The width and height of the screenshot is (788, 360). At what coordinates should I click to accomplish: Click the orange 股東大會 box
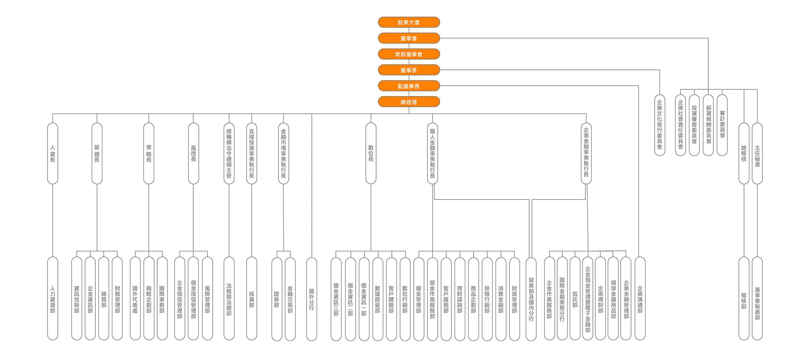click(409, 22)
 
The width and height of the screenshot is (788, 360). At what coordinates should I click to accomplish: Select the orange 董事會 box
click(409, 38)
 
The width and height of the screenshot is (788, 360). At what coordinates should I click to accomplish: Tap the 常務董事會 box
click(409, 54)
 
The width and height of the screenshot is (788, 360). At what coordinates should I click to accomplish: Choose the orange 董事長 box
click(409, 70)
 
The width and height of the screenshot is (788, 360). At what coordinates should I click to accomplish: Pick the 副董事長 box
click(409, 86)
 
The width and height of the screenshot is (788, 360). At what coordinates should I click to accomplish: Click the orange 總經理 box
click(409, 102)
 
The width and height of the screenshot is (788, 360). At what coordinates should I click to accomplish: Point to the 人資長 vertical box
click(53, 153)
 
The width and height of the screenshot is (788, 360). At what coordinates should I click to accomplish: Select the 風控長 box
click(193, 153)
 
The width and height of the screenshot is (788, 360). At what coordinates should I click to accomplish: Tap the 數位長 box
click(371, 153)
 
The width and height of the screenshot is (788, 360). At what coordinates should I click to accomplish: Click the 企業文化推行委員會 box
click(660, 125)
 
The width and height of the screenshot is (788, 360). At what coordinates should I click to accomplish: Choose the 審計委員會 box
click(722, 125)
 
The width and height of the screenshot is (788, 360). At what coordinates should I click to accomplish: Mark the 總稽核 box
click(744, 153)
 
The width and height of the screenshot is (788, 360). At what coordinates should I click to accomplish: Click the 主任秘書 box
click(757, 153)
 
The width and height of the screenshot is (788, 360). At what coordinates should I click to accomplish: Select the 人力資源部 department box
click(53, 298)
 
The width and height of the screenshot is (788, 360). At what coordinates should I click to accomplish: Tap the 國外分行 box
click(311, 299)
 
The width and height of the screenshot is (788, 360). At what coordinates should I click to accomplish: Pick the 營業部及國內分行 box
click(531, 299)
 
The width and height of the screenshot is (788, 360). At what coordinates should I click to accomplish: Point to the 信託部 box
click(575, 298)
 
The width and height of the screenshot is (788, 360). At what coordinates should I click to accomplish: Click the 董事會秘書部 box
click(757, 298)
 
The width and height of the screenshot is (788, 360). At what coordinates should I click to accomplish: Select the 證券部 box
click(277, 299)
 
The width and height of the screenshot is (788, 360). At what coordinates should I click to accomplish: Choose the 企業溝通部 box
click(640, 298)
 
